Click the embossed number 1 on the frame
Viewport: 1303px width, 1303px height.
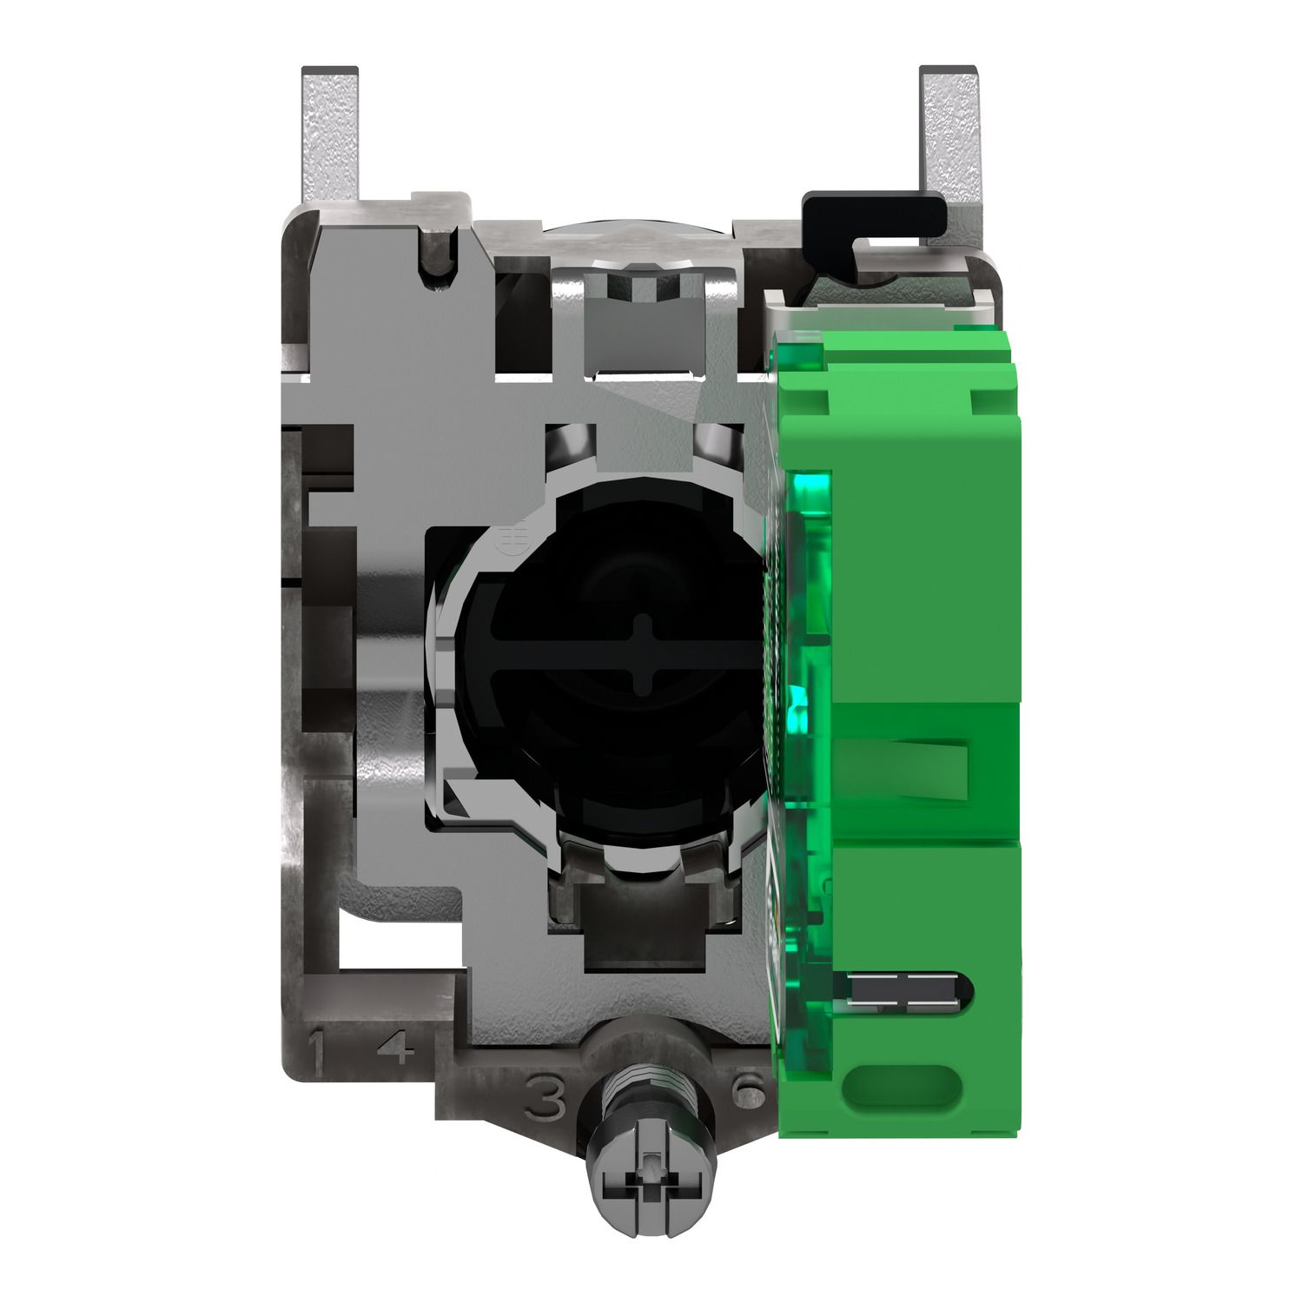(318, 1051)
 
